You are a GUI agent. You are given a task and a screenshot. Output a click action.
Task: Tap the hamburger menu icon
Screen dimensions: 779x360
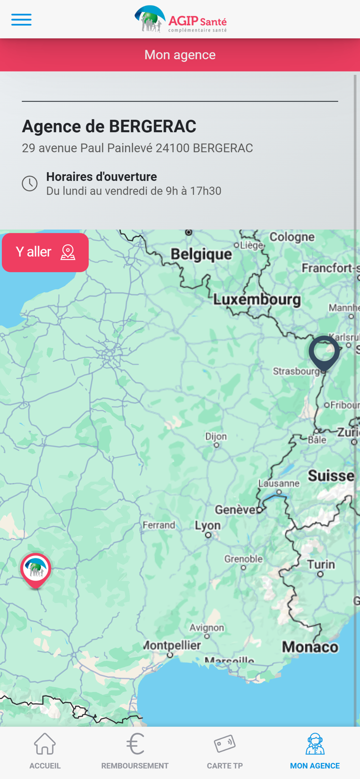(21, 20)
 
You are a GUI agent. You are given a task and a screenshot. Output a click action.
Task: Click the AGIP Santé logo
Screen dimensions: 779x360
(180, 19)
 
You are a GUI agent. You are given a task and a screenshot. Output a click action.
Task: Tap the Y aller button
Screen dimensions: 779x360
(45, 252)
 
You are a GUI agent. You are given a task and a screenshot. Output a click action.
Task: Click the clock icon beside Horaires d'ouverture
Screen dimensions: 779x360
(29, 183)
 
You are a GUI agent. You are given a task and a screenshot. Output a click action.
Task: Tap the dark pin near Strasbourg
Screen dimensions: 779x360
(324, 352)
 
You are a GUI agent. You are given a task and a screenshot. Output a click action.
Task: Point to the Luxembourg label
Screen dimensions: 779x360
(257, 299)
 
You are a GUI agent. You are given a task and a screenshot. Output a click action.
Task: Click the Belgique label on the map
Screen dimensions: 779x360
(201, 254)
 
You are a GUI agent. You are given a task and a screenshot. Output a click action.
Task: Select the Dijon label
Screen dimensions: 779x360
(216, 436)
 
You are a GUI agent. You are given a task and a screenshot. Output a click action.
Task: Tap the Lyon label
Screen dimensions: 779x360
(207, 525)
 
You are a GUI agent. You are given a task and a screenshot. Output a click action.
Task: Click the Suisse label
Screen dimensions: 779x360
(331, 475)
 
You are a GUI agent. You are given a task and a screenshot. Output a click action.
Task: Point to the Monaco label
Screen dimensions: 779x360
(310, 646)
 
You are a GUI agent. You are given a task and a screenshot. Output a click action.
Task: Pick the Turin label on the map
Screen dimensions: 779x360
(321, 564)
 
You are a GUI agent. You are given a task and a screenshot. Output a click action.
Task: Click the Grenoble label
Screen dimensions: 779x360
(243, 558)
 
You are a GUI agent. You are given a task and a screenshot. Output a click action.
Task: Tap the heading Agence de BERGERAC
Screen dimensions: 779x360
(109, 126)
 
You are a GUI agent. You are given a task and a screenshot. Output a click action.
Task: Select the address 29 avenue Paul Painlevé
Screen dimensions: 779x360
(137, 148)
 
